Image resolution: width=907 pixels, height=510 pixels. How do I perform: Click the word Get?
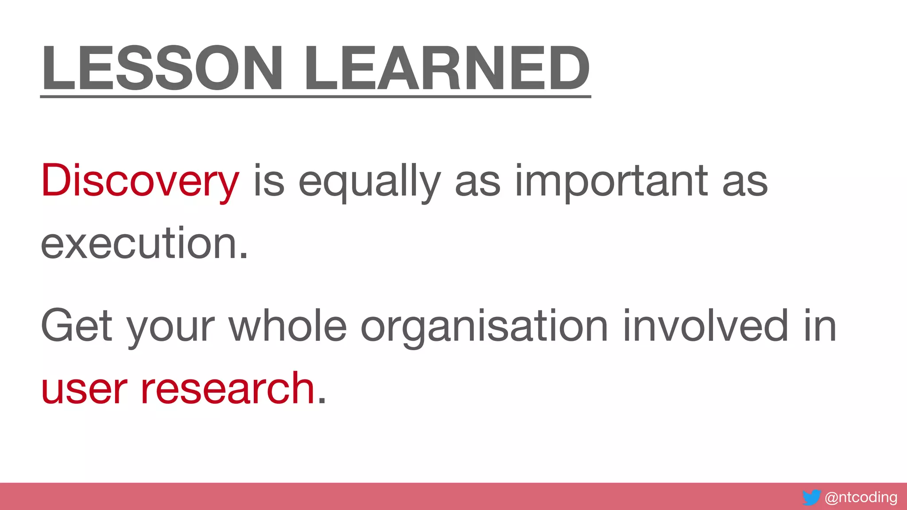click(x=76, y=326)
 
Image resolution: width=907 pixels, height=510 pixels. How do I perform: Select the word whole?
click(x=288, y=326)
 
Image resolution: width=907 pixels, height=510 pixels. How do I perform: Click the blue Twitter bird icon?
click(x=811, y=498)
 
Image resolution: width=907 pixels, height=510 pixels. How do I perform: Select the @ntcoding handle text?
click(x=861, y=497)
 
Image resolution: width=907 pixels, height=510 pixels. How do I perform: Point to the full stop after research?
click(x=322, y=401)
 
